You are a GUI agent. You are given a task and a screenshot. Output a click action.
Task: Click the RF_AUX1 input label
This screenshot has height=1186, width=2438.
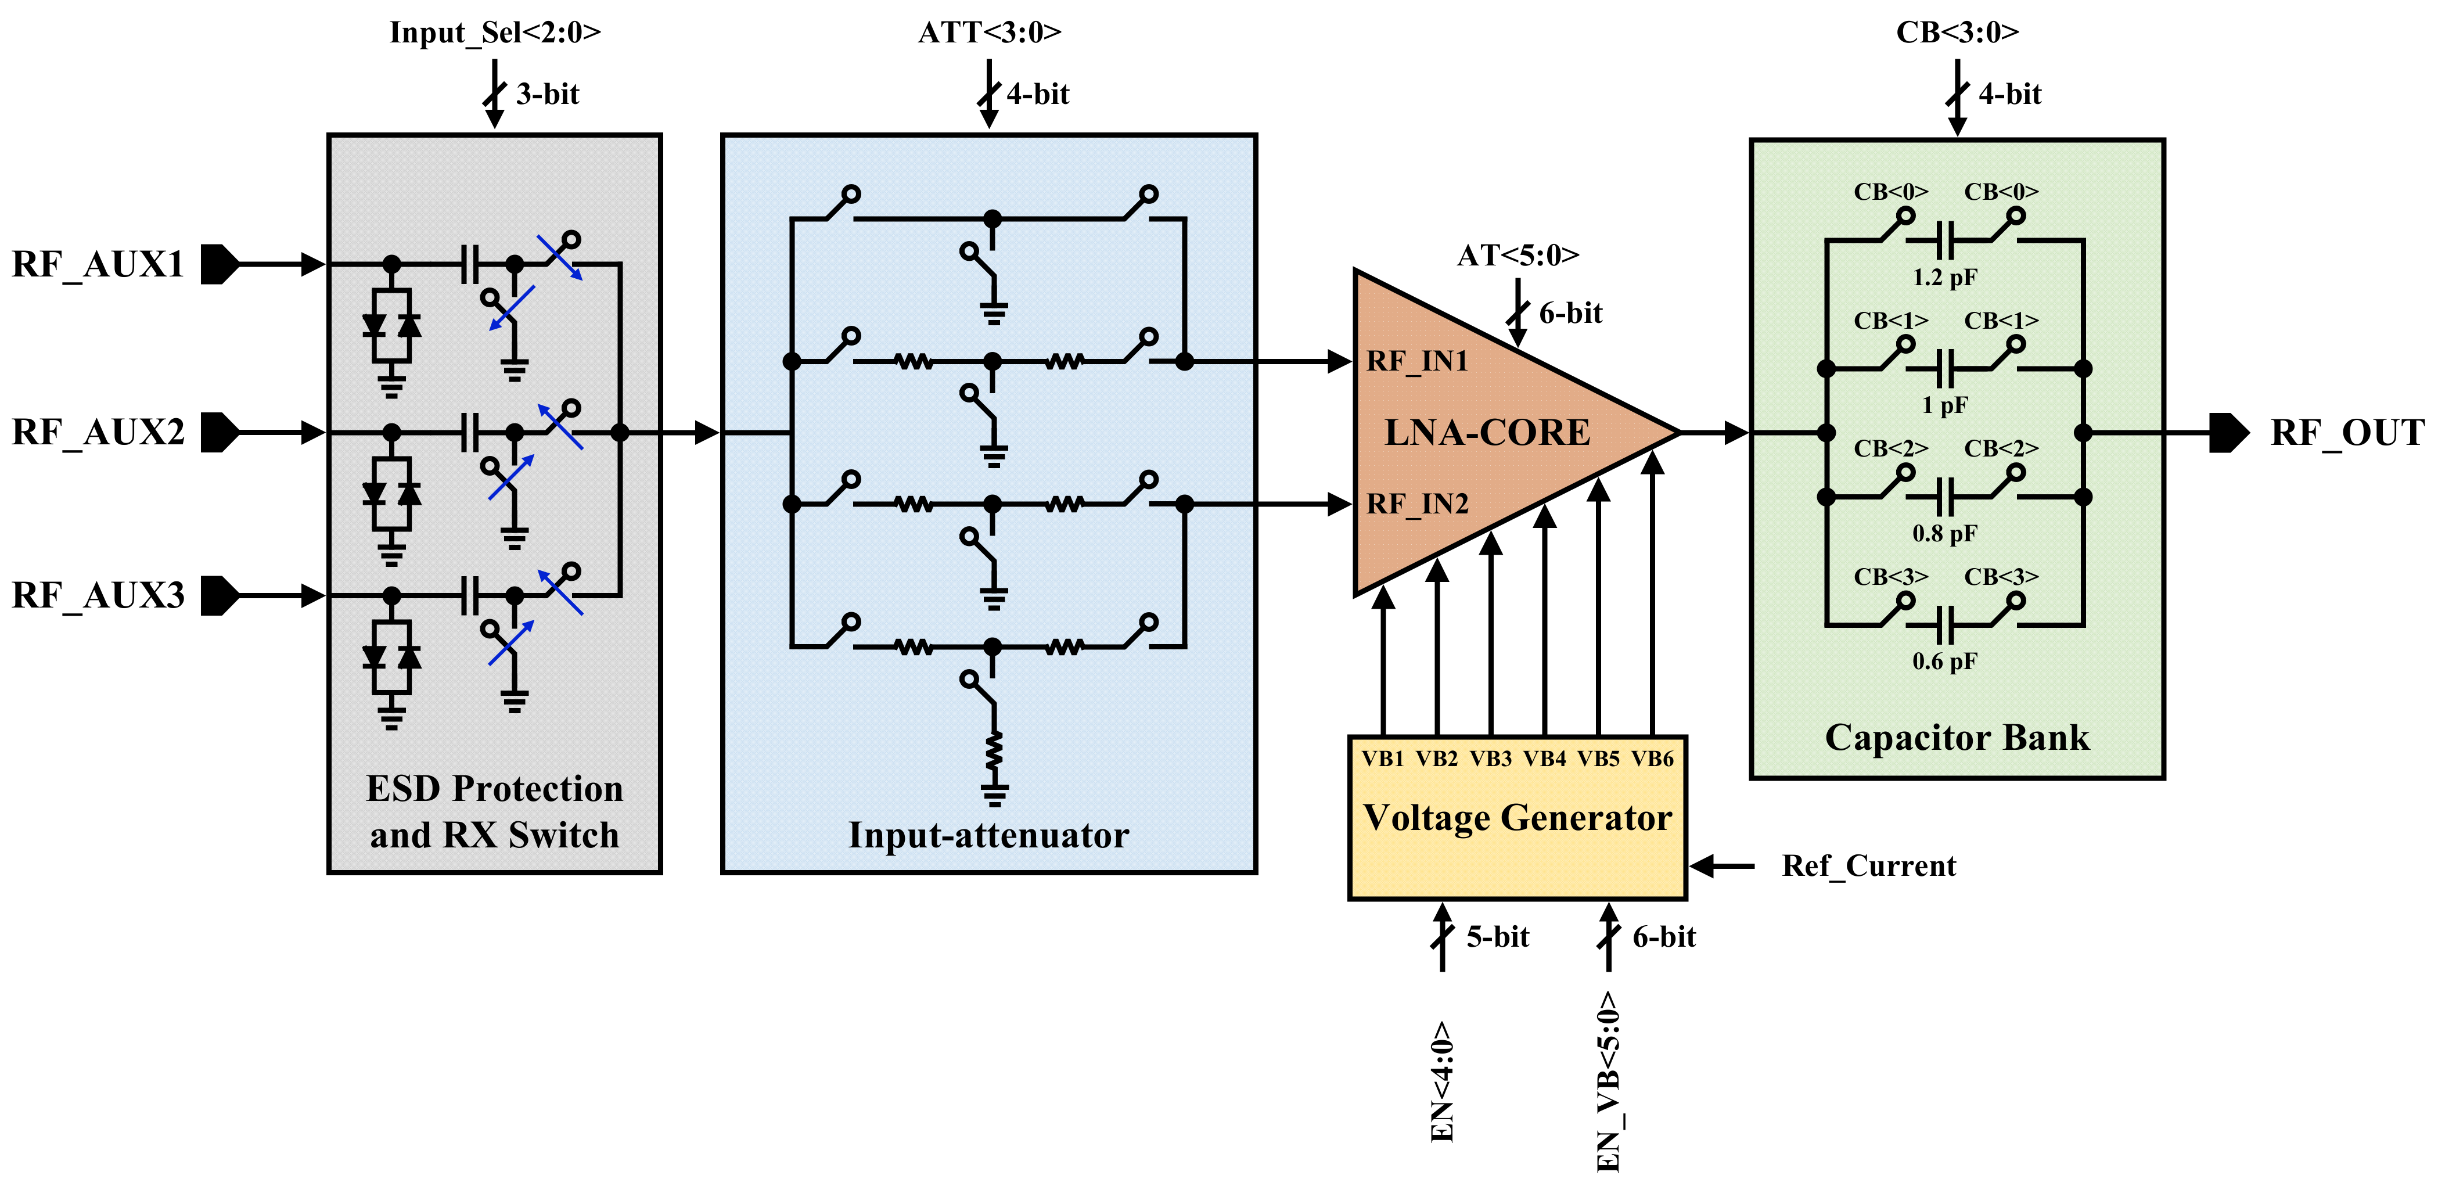point(98,264)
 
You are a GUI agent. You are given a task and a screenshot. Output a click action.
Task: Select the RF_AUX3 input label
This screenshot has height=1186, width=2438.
point(98,595)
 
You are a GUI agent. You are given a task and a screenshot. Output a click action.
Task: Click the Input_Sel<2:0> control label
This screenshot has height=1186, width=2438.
point(495,32)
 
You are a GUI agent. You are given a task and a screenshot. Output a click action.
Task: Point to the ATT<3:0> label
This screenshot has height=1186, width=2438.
point(989,32)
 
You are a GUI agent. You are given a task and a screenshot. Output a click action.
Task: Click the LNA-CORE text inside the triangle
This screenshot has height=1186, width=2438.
point(1487,433)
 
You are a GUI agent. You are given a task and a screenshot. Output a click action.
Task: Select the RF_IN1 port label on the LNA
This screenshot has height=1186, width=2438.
point(1417,361)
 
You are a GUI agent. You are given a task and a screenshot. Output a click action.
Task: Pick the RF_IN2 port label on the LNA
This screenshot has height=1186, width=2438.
point(1417,504)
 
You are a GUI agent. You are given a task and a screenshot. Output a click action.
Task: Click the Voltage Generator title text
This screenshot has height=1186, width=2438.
point(1517,817)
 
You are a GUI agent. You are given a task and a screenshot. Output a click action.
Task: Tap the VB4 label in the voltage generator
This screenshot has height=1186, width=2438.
point(1545,758)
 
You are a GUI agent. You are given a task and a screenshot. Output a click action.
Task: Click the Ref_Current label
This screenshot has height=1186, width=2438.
point(1868,865)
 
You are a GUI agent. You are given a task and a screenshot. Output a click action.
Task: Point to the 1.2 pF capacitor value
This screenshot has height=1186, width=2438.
point(1944,277)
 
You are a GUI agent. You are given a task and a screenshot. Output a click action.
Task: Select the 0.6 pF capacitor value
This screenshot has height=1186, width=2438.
point(1944,661)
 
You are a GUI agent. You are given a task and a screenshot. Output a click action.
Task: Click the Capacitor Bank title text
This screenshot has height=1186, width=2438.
point(1957,738)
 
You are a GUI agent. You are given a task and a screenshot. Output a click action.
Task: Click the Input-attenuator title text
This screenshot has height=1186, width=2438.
point(988,835)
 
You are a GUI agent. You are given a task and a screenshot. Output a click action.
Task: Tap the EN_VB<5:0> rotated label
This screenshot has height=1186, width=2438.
point(1608,1082)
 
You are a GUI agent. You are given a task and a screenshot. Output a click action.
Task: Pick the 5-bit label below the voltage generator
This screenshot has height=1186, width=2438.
point(1497,936)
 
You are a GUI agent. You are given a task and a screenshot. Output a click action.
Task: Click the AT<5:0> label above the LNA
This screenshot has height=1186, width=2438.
point(1517,254)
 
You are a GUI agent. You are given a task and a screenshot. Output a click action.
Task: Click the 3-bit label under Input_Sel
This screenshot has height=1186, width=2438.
point(547,94)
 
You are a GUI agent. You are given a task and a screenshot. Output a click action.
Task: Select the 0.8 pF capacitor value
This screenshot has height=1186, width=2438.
point(1944,533)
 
